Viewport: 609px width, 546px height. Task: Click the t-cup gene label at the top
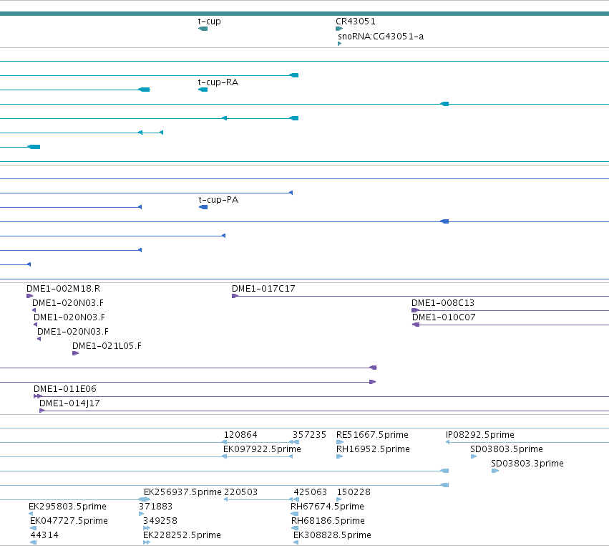coord(210,21)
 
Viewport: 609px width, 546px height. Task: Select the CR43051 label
coord(356,21)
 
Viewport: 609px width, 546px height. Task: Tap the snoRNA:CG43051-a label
coord(381,37)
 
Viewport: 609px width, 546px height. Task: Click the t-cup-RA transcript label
coord(218,82)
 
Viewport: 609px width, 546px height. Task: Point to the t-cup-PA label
coord(218,200)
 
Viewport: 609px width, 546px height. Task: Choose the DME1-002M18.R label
coord(63,289)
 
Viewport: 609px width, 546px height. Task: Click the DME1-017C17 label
coord(263,289)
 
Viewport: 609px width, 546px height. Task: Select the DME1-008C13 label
coord(443,303)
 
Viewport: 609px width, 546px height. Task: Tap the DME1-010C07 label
coord(444,317)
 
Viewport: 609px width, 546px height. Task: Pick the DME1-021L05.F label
coord(107,346)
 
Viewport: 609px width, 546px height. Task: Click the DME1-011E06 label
coord(65,389)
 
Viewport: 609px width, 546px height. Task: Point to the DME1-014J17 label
coord(69,403)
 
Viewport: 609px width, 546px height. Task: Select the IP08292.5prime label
coord(479,435)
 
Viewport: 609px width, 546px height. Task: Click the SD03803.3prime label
coord(527,464)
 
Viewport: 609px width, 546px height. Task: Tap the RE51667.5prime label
coord(372,435)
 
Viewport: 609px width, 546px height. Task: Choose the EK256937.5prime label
coord(182,492)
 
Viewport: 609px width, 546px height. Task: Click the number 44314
coord(44,535)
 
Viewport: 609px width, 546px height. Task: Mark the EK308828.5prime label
coord(332,535)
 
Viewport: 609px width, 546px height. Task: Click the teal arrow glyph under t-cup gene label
coord(203,29)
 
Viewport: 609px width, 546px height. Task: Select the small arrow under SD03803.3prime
coord(495,471)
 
